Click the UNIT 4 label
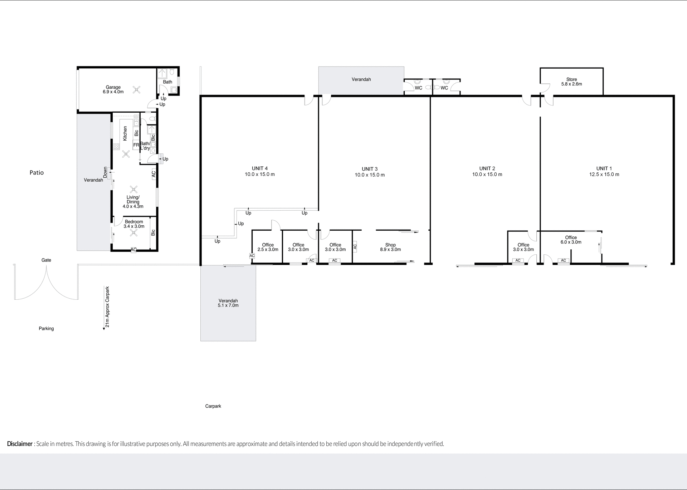pyautogui.click(x=260, y=168)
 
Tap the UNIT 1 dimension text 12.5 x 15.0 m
pyautogui.click(x=604, y=175)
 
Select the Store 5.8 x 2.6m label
pyautogui.click(x=571, y=82)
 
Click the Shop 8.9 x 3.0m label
pyautogui.click(x=390, y=247)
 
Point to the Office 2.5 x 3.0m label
pyautogui.click(x=268, y=247)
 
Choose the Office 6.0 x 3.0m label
pyautogui.click(x=571, y=240)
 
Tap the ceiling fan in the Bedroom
pyautogui.click(x=134, y=233)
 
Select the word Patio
pyautogui.click(x=36, y=173)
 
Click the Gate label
pyautogui.click(x=46, y=260)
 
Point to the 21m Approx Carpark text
pyautogui.click(x=107, y=307)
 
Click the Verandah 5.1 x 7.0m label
pyautogui.click(x=228, y=303)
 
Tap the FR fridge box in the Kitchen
pyautogui.click(x=136, y=145)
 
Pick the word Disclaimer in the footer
pyautogui.click(x=20, y=444)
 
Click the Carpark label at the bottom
pyautogui.click(x=213, y=406)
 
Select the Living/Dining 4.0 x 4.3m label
pyautogui.click(x=133, y=202)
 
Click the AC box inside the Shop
pyautogui.click(x=355, y=246)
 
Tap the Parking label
pyautogui.click(x=46, y=328)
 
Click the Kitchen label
pyautogui.click(x=125, y=133)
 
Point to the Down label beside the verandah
pyautogui.click(x=105, y=172)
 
